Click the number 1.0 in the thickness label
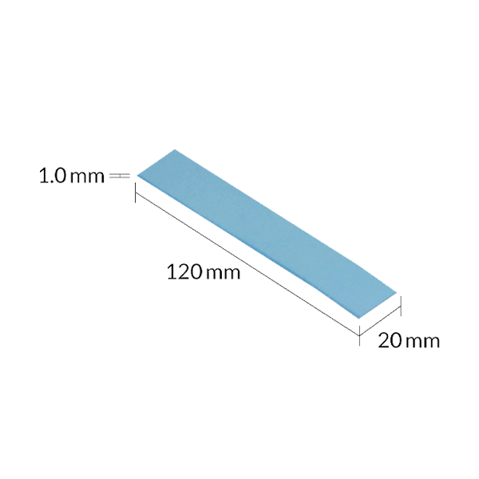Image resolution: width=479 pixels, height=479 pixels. click(x=53, y=176)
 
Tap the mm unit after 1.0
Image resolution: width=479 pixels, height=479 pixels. click(x=87, y=178)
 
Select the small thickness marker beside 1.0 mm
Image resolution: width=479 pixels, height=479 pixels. click(x=120, y=176)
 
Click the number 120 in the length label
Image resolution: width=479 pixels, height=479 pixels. click(x=184, y=272)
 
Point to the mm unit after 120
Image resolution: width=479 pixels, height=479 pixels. click(x=223, y=274)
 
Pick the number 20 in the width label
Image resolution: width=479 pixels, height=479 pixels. click(x=390, y=340)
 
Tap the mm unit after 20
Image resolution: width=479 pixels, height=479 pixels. click(x=423, y=342)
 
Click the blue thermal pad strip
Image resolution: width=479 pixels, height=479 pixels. click(x=267, y=234)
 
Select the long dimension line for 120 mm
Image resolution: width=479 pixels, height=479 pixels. click(x=247, y=264)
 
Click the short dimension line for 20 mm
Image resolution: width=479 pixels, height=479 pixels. click(x=380, y=322)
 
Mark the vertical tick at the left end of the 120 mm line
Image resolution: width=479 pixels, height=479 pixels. click(x=135, y=192)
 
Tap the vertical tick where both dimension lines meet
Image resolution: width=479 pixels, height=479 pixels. click(x=359, y=336)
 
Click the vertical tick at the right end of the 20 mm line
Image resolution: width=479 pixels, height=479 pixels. click(x=401, y=306)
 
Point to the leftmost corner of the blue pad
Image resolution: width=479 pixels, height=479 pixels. click(x=137, y=176)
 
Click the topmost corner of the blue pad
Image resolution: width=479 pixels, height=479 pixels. click(x=174, y=150)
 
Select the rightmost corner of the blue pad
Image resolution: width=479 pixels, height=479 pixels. click(x=396, y=293)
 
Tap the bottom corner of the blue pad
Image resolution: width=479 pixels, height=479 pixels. click(x=359, y=319)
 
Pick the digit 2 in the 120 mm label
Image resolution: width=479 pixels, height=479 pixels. click(x=182, y=272)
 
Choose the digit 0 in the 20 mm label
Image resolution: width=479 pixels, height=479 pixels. click(x=396, y=340)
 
